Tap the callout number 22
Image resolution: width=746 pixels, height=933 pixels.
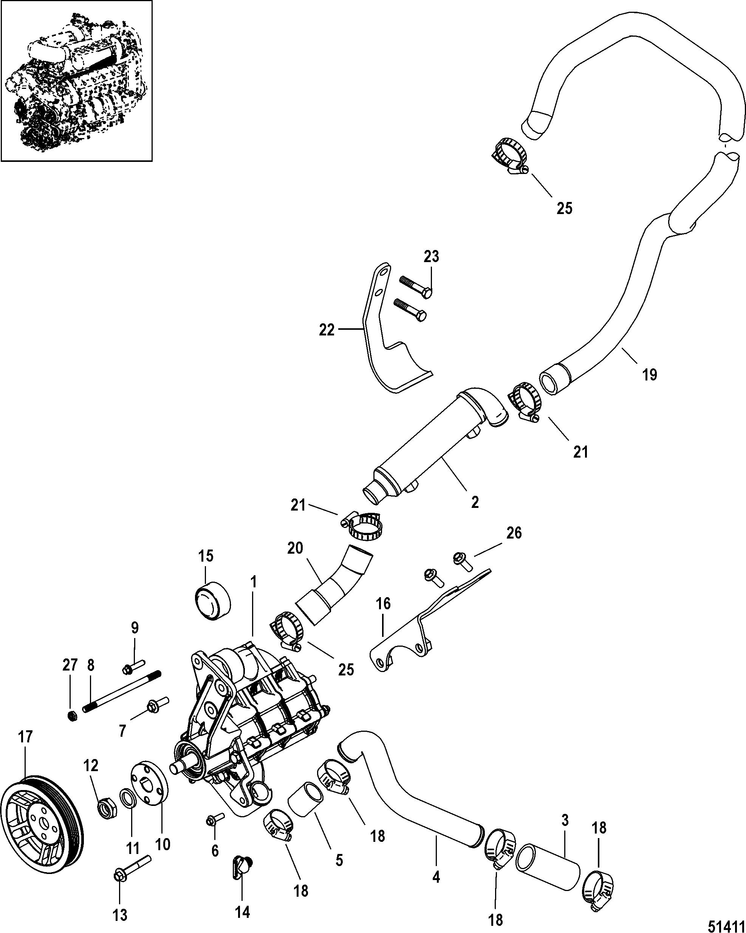[x=327, y=330]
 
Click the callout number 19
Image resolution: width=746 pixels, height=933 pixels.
[x=650, y=374]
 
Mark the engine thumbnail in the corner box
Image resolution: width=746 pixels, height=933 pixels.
[x=77, y=81]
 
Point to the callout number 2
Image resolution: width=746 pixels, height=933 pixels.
[x=475, y=502]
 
